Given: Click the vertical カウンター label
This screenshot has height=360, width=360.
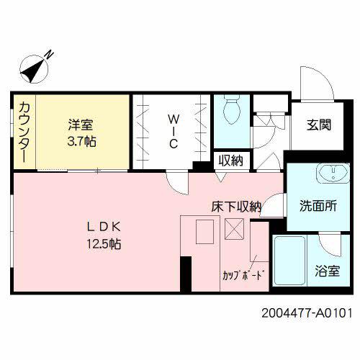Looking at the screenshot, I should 24,133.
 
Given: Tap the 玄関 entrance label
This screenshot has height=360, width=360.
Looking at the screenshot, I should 319,125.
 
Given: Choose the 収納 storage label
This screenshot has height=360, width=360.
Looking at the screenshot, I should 230,160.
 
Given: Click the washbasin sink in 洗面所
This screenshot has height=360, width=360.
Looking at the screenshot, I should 331,174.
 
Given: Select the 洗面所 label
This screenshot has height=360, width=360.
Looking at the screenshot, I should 318,205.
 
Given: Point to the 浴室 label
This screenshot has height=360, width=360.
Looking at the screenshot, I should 326,273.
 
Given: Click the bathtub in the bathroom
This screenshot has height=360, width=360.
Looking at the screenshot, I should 289,261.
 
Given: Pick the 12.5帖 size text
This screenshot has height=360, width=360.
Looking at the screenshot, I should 104,243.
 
